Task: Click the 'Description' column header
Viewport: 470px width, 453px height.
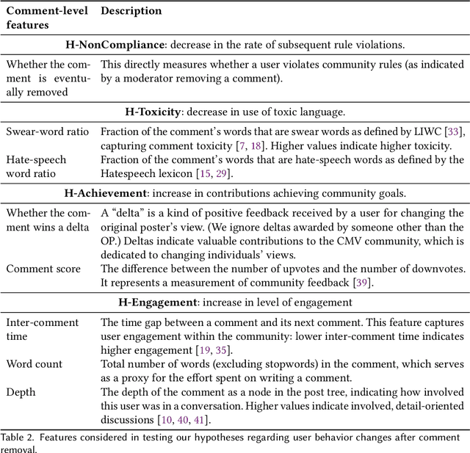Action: tap(131, 11)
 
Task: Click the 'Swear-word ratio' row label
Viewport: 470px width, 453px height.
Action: tap(47, 131)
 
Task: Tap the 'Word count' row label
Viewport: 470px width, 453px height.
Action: tap(34, 363)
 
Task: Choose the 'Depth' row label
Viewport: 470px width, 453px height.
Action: tap(21, 391)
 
